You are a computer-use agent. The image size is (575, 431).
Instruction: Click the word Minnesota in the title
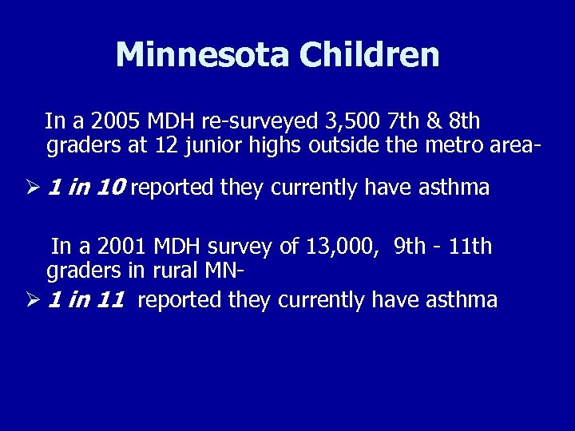coord(202,55)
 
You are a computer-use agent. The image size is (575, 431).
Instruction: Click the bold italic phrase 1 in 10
coord(86,188)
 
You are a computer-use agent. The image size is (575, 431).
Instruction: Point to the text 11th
coord(470,247)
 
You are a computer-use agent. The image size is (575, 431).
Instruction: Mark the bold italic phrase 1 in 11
coord(86,299)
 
